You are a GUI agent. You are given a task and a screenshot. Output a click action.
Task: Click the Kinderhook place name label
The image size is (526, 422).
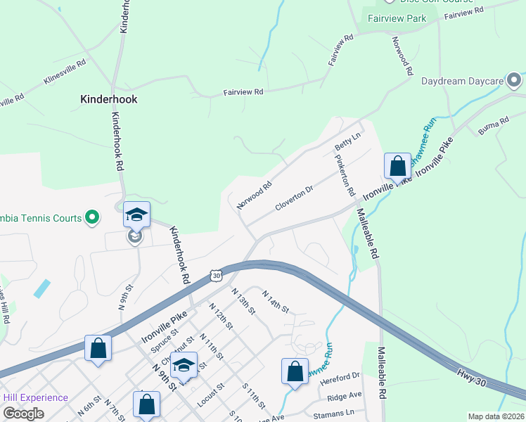point(108,100)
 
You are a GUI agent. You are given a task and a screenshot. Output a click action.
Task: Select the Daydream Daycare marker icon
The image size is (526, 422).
point(514,80)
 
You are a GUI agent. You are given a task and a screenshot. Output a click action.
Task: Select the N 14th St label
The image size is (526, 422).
point(276,300)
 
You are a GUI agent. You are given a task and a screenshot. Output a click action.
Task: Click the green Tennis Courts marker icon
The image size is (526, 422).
point(92,218)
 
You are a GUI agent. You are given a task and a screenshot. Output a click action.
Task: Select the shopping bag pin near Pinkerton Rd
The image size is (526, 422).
point(397,167)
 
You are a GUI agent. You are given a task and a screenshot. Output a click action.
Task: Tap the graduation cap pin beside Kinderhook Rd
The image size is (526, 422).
point(136,215)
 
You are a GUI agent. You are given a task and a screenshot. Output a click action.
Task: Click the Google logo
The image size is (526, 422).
point(23,414)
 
